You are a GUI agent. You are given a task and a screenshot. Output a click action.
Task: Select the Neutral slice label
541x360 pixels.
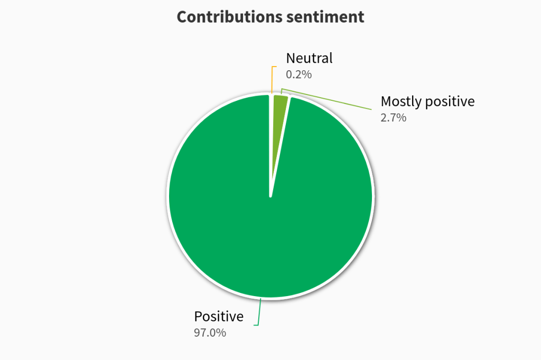pyautogui.click(x=309, y=58)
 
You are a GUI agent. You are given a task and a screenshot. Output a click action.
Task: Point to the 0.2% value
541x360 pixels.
pyautogui.click(x=299, y=74)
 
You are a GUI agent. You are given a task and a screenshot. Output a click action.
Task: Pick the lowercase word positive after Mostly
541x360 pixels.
pyautogui.click(x=450, y=101)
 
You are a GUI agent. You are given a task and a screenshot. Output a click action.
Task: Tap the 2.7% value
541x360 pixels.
pyautogui.click(x=393, y=118)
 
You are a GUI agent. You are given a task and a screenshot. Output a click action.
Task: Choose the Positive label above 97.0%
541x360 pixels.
pyautogui.click(x=219, y=317)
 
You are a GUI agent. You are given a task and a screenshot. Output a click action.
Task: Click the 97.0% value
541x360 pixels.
pyautogui.click(x=210, y=333)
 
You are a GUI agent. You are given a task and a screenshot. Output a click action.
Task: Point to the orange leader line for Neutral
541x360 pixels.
pyautogui.click(x=272, y=79)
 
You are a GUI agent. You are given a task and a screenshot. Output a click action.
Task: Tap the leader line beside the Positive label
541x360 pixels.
pyautogui.click(x=258, y=314)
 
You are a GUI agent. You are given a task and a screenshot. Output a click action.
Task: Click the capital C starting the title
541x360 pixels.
pyautogui.click(x=182, y=17)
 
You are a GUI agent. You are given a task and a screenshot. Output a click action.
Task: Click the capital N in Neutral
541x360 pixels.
pyautogui.click(x=291, y=58)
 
